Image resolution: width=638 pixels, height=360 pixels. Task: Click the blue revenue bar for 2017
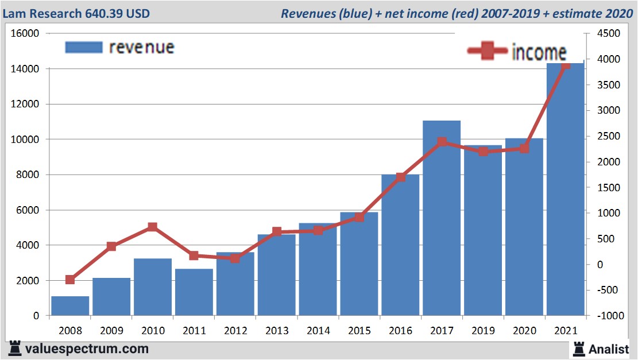(x=442, y=230)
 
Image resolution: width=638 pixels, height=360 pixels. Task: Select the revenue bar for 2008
(x=70, y=306)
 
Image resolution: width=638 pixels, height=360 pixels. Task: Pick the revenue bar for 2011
(x=194, y=292)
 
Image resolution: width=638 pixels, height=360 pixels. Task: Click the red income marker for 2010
(x=152, y=227)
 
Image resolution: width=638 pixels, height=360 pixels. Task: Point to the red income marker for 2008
(x=70, y=280)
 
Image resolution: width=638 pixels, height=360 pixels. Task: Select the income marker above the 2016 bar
(x=401, y=177)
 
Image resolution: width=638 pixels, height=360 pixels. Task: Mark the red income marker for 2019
(x=483, y=152)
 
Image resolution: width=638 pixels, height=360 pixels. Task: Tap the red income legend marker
(x=487, y=52)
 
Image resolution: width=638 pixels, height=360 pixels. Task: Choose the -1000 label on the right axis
(x=608, y=316)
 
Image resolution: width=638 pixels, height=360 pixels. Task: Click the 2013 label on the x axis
(x=277, y=331)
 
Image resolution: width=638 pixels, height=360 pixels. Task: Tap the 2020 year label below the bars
(x=524, y=331)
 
